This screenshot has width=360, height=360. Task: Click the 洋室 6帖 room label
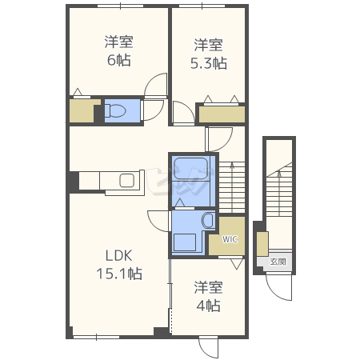[x=118, y=51]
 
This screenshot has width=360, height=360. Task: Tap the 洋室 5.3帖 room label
[x=209, y=54]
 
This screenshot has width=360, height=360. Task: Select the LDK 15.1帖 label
[x=119, y=265]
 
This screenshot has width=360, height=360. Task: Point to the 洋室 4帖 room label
[x=208, y=296]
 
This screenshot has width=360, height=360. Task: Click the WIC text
[x=230, y=239]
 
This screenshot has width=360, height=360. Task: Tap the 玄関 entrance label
[x=278, y=262]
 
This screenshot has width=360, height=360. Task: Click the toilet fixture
[x=114, y=110]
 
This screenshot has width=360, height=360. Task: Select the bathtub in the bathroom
[x=190, y=169]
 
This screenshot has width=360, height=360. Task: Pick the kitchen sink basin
[x=127, y=181]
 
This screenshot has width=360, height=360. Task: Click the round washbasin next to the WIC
[x=208, y=220]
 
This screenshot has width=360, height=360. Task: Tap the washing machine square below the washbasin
[x=185, y=242]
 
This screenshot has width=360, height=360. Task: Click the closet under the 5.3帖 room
[x=222, y=114]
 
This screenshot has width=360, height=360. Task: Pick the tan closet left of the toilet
[x=83, y=111]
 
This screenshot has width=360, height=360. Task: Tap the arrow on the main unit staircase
[x=232, y=186]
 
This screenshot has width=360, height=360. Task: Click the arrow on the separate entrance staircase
[x=279, y=193]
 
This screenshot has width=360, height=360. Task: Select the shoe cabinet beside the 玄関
[x=262, y=244]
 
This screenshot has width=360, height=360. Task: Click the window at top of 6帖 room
[x=120, y=6]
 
